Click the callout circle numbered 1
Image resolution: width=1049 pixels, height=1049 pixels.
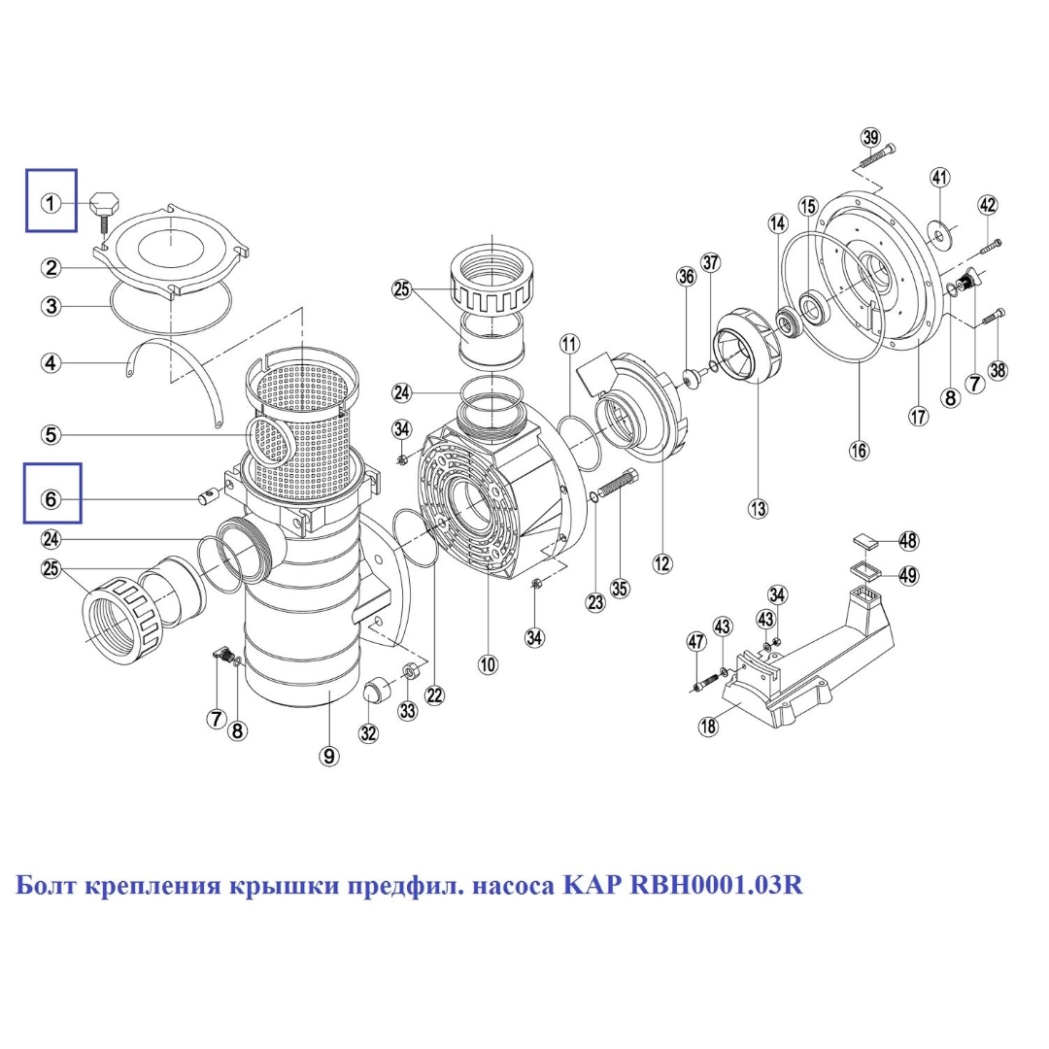pos(51,203)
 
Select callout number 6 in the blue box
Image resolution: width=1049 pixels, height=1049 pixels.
pos(51,499)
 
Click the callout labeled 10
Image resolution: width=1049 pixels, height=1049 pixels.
pos(488,664)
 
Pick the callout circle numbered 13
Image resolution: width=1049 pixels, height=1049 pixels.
pos(757,507)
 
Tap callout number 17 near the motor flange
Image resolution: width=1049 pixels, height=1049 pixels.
pos(919,416)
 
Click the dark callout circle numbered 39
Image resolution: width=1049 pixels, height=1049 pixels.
pos(869,136)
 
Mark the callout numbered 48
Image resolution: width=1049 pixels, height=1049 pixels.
pos(908,540)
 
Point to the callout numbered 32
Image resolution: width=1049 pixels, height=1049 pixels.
pos(368,733)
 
